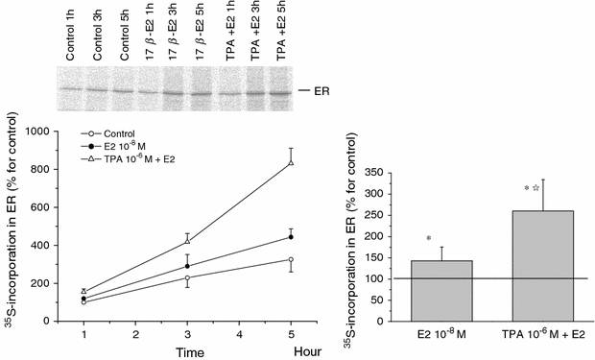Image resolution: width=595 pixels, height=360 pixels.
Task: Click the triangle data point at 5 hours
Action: pos(290,162)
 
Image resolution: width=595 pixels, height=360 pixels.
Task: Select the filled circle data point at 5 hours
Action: pos(290,236)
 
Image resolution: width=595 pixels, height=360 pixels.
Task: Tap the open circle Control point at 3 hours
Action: pos(187,277)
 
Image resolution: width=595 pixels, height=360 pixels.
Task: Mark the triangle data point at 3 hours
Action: pos(187,241)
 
